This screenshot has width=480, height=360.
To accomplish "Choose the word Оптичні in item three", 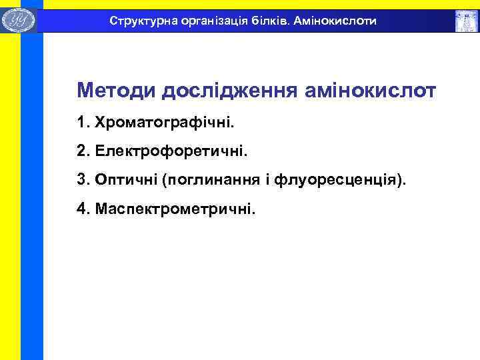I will (x=125, y=180).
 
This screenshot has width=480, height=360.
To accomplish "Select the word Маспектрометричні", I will (x=175, y=209).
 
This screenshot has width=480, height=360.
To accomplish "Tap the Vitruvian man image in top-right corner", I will (x=465, y=21).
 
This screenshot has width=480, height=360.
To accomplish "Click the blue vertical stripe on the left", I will (x=31, y=200).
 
